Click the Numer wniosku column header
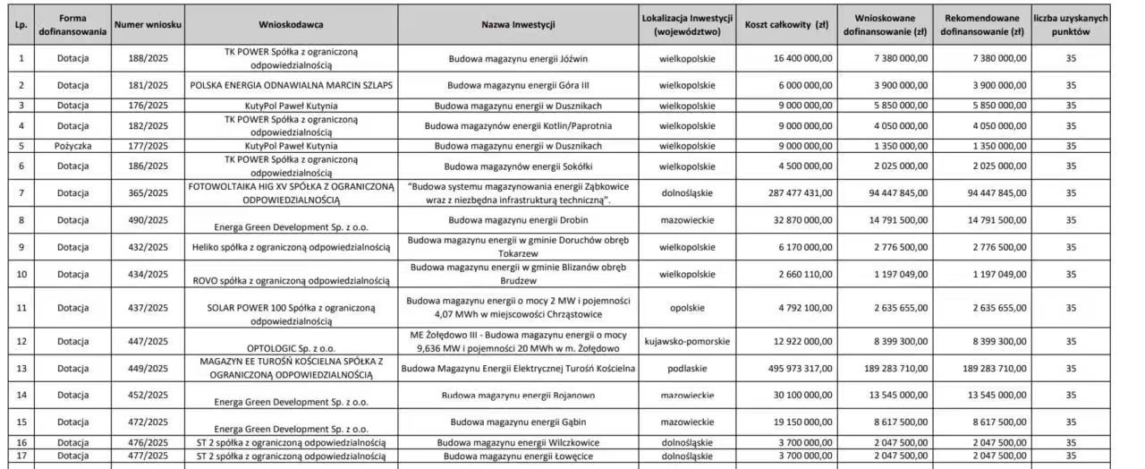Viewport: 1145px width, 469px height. click(x=148, y=24)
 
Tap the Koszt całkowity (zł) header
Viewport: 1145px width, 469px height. click(x=787, y=24)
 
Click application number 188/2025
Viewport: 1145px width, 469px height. click(x=148, y=58)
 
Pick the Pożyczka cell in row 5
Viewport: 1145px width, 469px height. click(x=72, y=145)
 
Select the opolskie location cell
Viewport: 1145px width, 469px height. click(x=687, y=308)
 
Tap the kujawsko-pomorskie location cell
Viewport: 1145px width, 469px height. click(x=687, y=342)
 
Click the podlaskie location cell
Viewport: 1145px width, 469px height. click(x=687, y=368)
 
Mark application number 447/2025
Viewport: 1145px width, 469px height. click(x=148, y=342)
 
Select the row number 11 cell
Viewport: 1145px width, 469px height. click(x=21, y=308)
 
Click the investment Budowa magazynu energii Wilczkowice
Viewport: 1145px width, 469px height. click(x=518, y=442)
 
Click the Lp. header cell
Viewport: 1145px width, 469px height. click(x=21, y=24)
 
